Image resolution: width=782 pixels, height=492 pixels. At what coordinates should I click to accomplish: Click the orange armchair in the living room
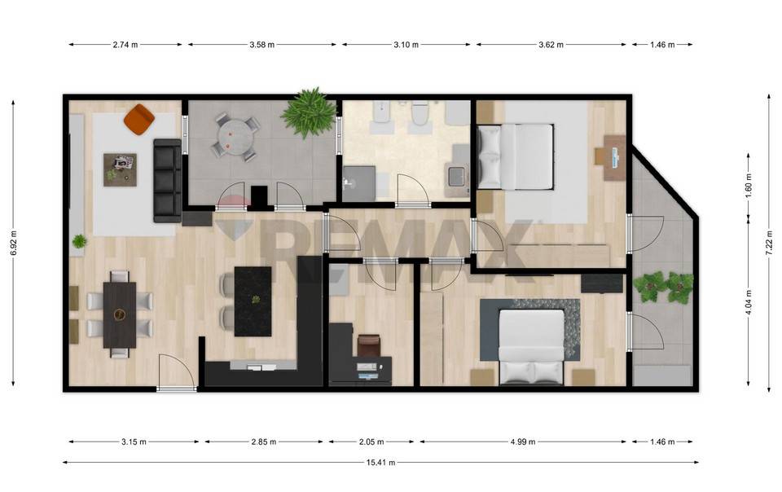(x=139, y=119)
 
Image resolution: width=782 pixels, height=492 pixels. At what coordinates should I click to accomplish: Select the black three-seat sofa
(x=168, y=181)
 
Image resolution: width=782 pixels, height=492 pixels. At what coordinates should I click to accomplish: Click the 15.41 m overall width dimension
(x=380, y=463)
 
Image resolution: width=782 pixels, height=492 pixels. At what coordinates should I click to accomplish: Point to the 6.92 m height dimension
(x=14, y=244)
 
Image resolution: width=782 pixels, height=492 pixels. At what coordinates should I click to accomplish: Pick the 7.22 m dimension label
(x=768, y=244)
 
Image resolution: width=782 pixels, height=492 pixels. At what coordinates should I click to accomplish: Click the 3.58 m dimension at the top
(x=262, y=44)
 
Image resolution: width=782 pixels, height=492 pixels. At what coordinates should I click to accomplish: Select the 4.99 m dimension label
(x=523, y=441)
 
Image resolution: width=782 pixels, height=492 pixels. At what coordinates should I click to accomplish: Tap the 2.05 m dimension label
(x=371, y=441)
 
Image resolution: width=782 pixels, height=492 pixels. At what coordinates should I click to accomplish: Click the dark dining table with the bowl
(x=120, y=314)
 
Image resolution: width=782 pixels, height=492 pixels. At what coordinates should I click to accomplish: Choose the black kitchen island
(x=253, y=301)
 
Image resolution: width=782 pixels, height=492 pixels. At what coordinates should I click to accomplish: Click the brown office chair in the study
(x=369, y=345)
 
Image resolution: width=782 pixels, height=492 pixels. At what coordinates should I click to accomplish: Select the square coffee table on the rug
(x=121, y=169)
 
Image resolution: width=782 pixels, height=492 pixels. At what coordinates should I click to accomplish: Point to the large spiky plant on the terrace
(x=309, y=112)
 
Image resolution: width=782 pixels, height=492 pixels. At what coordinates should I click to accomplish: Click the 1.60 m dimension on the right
(x=749, y=186)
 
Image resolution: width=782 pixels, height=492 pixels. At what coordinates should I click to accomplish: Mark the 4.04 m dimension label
(x=749, y=303)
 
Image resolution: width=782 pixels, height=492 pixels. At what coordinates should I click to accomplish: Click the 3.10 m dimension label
(x=406, y=44)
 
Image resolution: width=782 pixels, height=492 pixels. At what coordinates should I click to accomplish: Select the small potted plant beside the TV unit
(x=79, y=242)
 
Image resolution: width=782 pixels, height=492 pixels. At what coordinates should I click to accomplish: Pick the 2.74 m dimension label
(x=125, y=44)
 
